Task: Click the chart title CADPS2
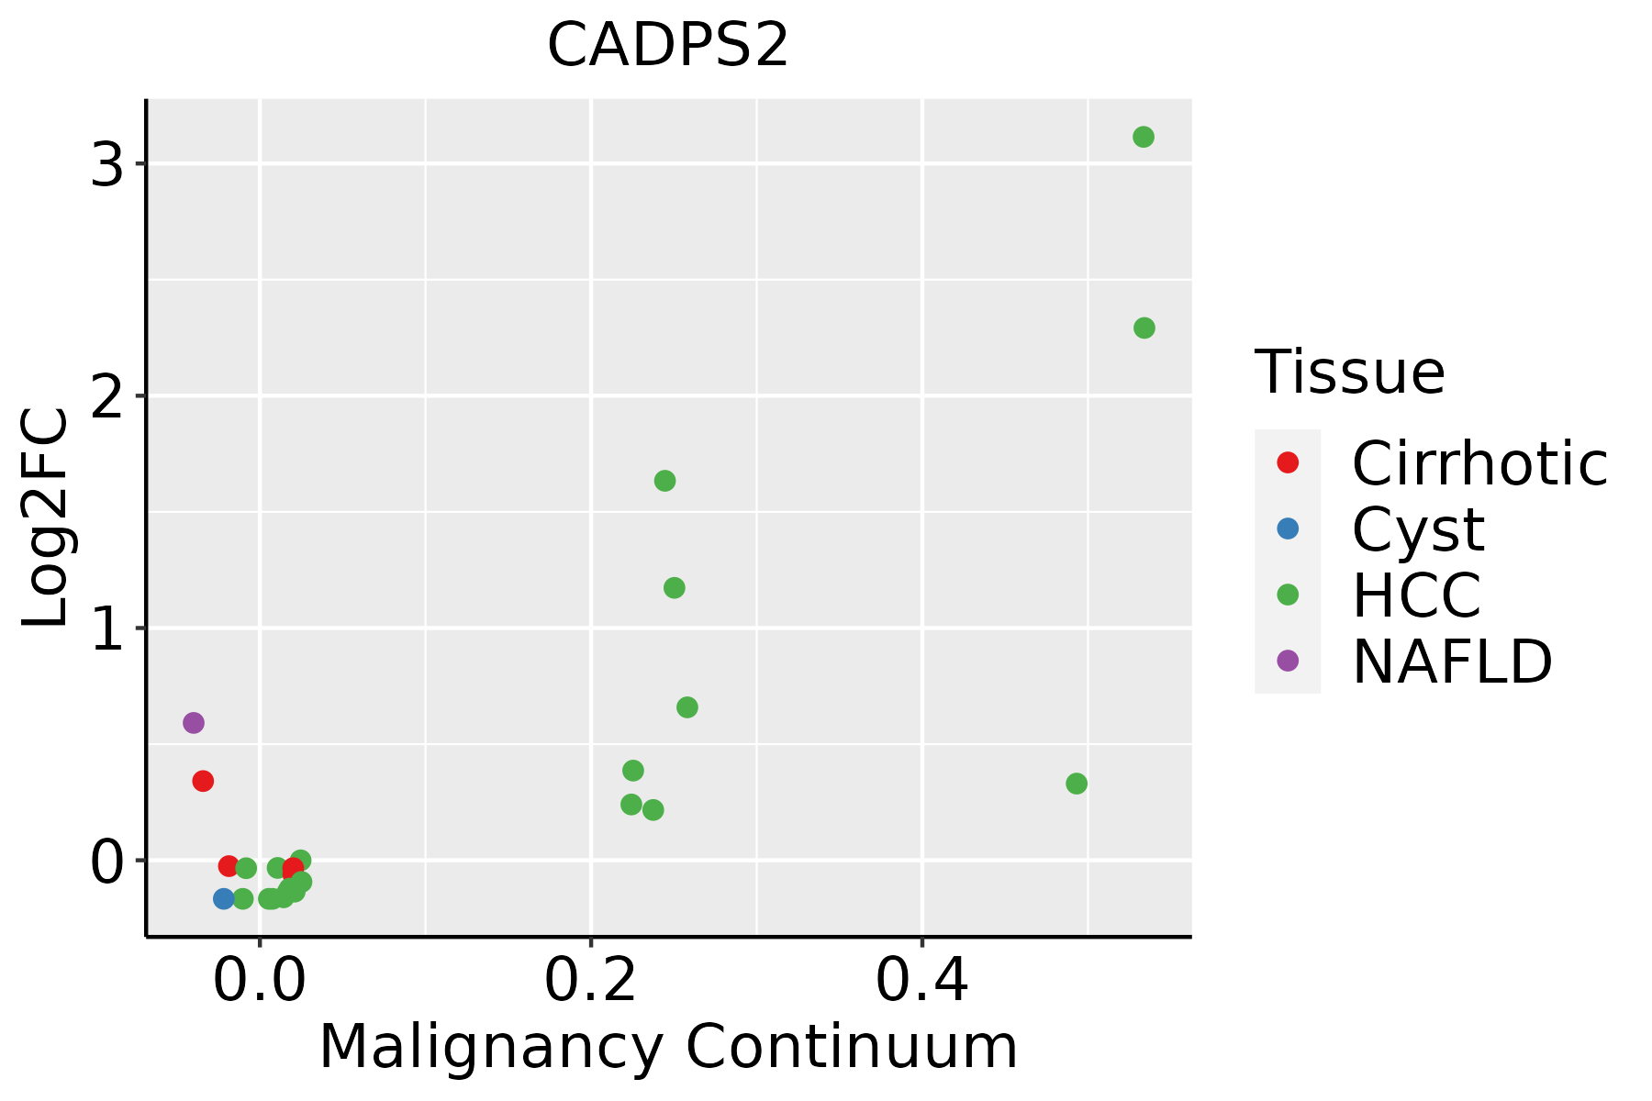[667, 45]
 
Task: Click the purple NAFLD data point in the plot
[193, 723]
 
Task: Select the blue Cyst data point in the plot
[224, 898]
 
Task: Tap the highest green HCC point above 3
[1143, 138]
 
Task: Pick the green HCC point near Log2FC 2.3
[1144, 328]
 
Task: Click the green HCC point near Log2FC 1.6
[664, 481]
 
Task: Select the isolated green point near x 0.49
[1077, 784]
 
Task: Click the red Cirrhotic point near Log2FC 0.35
[203, 781]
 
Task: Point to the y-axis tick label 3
[107, 166]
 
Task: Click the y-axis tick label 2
[107, 398]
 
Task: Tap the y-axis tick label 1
[107, 630]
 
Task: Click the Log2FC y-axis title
[46, 518]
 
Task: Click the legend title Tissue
[1349, 372]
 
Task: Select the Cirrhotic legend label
[1479, 463]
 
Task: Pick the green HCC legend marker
[1288, 595]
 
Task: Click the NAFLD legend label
[1452, 661]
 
